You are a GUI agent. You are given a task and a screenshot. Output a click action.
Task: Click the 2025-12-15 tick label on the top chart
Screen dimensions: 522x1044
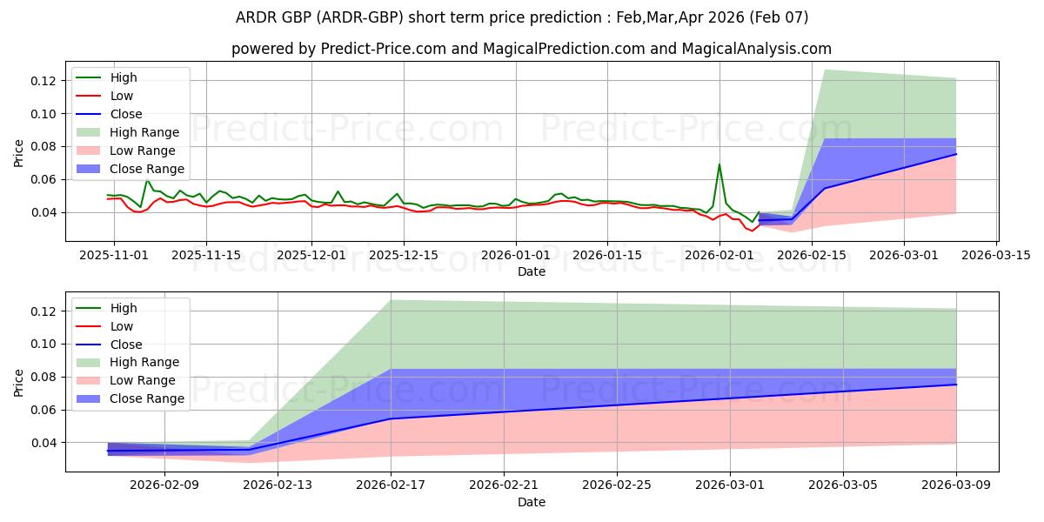404,255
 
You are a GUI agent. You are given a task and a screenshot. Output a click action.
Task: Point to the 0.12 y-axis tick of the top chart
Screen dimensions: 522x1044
44,81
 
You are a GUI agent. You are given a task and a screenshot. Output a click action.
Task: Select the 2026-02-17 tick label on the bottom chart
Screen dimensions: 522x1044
391,485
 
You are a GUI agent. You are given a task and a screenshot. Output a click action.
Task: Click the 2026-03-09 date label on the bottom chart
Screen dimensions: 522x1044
956,485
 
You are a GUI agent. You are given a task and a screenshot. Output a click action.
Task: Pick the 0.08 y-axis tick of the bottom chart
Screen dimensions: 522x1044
44,377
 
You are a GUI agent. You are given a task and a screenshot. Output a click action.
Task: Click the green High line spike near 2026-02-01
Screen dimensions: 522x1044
719,164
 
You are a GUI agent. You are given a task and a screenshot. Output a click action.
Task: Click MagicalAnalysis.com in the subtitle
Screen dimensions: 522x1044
758,50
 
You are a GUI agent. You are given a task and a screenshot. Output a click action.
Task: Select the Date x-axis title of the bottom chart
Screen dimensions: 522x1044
532,502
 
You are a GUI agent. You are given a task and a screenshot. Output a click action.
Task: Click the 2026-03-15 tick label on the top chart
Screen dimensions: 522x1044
995,255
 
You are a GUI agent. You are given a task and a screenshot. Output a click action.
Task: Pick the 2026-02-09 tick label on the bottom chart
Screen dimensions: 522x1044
164,485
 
